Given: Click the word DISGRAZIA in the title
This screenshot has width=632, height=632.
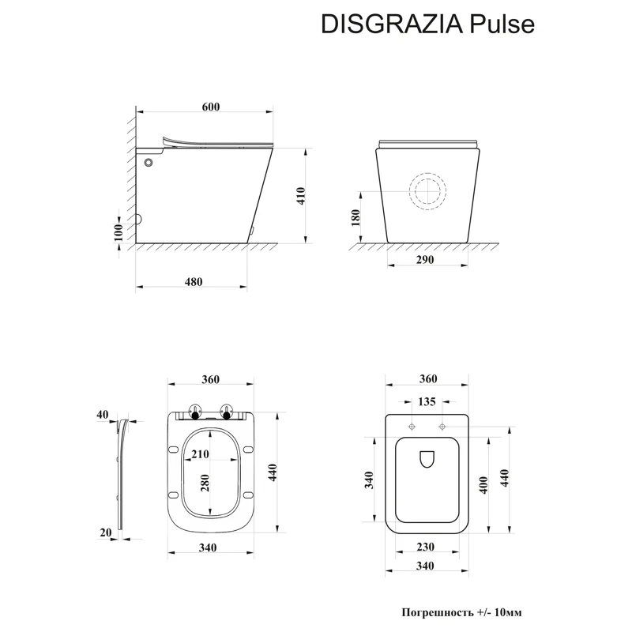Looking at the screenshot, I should pyautogui.click(x=387, y=24).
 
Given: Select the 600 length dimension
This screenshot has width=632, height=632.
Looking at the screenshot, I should pyautogui.click(x=210, y=107).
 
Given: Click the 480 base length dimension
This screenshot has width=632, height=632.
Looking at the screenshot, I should pyautogui.click(x=193, y=282).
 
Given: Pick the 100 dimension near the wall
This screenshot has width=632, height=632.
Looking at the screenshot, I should pyautogui.click(x=118, y=231).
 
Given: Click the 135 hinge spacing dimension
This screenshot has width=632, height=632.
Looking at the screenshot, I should pyautogui.click(x=427, y=402).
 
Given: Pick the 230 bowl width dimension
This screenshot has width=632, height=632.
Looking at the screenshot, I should pyautogui.click(x=427, y=546).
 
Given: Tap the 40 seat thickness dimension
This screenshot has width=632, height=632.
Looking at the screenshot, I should pyautogui.click(x=102, y=414).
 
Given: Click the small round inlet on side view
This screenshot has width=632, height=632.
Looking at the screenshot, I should pyautogui.click(x=149, y=163).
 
